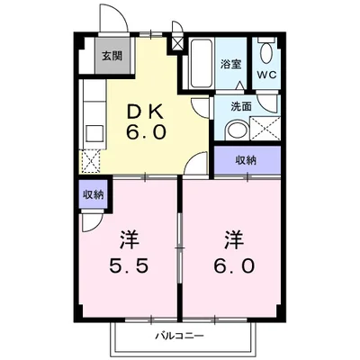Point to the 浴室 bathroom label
coord(231,64)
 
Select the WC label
coord(266,75)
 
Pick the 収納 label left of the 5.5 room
coord(94,193)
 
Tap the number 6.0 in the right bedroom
coord(233,266)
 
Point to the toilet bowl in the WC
coord(266,52)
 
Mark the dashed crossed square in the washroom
coord(264,127)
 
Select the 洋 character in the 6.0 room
coord(233,241)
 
